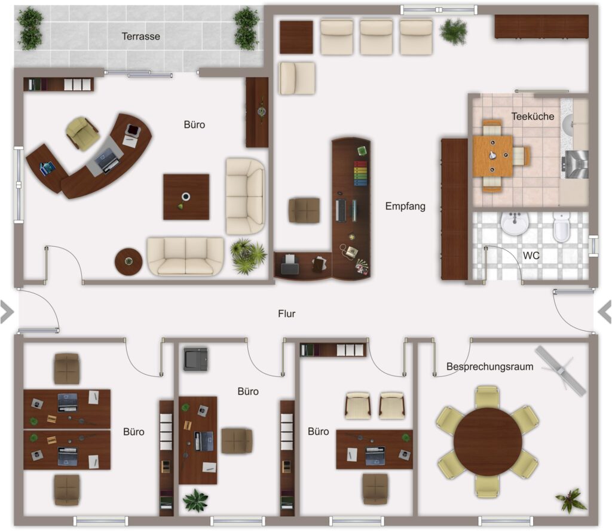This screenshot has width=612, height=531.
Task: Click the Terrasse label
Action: [x=140, y=36]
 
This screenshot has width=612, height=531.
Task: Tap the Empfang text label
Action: [x=405, y=206]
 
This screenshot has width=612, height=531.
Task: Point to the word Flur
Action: [x=286, y=314]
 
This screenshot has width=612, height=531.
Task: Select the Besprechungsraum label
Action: [x=489, y=367]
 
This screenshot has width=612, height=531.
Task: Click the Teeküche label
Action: [x=533, y=116]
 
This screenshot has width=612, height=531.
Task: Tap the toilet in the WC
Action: [x=561, y=227]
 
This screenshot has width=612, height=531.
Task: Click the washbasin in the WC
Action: [x=515, y=223]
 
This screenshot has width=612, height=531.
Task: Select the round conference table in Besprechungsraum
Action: [x=488, y=441]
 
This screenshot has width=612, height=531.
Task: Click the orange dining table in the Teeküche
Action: [x=492, y=156]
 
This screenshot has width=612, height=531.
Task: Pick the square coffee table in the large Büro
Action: [x=186, y=197]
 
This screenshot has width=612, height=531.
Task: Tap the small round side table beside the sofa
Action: [x=128, y=262]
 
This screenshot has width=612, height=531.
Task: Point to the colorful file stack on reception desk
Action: [x=360, y=173]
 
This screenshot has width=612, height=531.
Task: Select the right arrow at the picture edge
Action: [x=605, y=312]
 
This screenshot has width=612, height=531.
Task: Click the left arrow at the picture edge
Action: [x=7, y=312]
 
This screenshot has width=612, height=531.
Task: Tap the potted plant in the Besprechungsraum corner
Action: [x=571, y=500]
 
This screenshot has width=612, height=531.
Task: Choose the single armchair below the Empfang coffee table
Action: [x=297, y=78]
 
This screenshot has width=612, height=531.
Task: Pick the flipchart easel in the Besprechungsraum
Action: [x=561, y=371]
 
